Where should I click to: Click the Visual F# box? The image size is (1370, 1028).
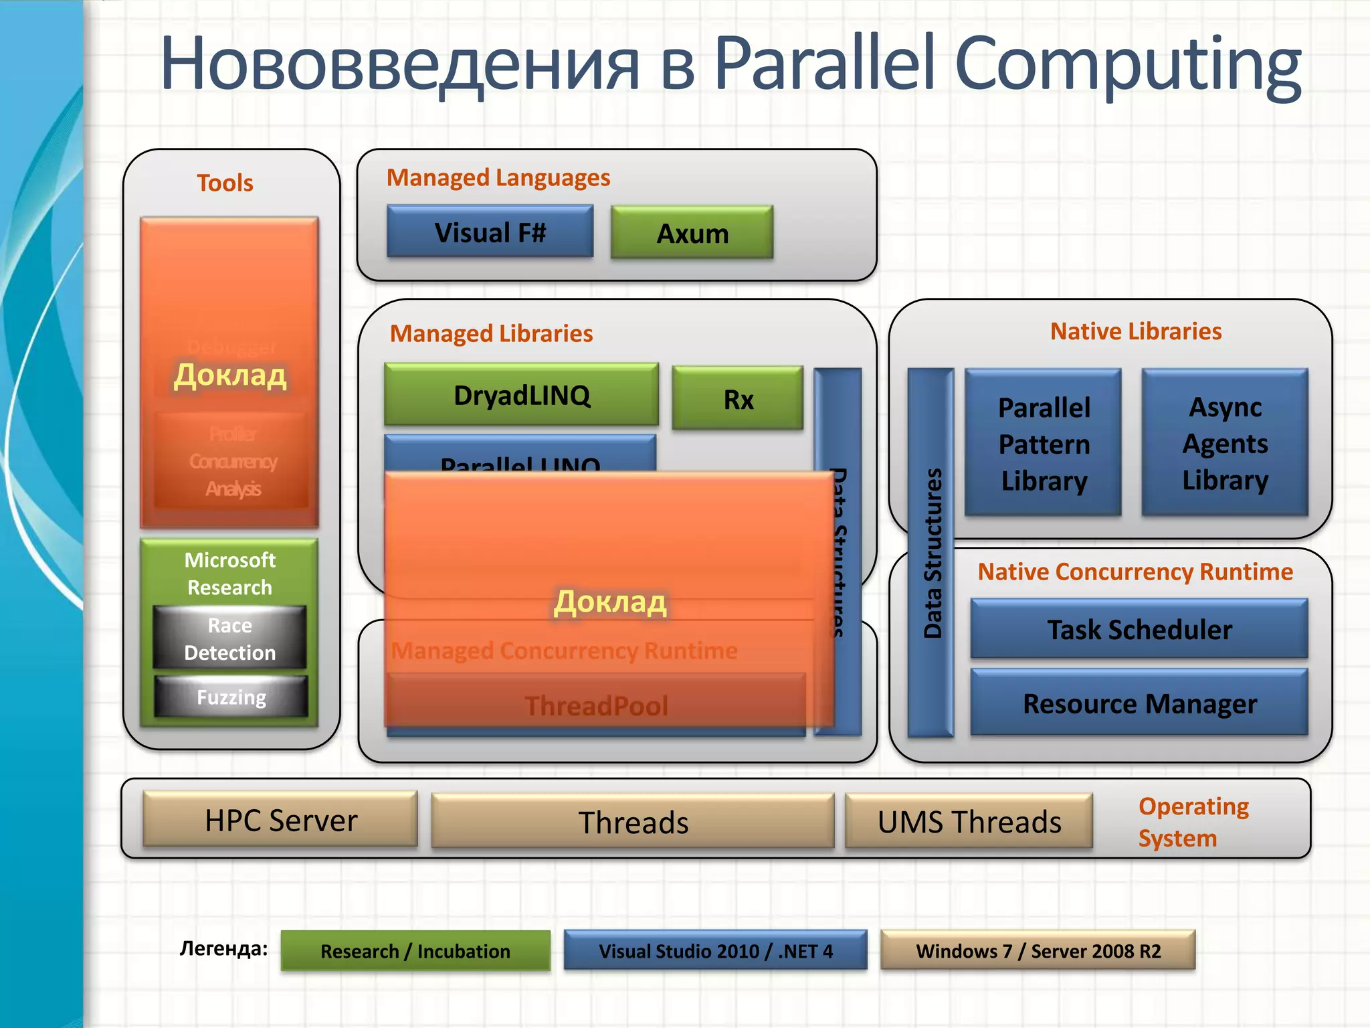(x=490, y=232)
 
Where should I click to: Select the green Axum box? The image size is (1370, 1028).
(x=692, y=233)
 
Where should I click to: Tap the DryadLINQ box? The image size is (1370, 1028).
(x=521, y=395)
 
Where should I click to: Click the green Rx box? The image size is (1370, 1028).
(x=738, y=399)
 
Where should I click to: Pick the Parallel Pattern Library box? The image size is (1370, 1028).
(x=1043, y=443)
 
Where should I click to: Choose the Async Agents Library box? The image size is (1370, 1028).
(x=1225, y=443)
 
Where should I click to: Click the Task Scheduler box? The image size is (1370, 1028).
(x=1139, y=629)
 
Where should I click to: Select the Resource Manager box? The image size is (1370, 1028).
(x=1139, y=703)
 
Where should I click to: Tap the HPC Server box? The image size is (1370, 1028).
(x=280, y=820)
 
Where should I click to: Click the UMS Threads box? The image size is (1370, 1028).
(x=969, y=821)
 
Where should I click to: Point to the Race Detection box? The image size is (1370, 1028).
(x=229, y=638)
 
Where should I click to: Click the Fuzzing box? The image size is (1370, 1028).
(x=231, y=697)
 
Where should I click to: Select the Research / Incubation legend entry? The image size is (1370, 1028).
(x=415, y=950)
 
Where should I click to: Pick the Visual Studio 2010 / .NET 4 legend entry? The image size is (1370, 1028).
(x=715, y=950)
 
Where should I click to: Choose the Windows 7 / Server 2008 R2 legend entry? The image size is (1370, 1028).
(x=1038, y=950)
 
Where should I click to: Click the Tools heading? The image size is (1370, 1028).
(x=225, y=183)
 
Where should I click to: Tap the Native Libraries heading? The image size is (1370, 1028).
(x=1135, y=331)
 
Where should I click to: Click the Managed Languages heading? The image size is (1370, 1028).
(x=498, y=178)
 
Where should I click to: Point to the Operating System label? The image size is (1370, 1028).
(x=1193, y=822)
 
